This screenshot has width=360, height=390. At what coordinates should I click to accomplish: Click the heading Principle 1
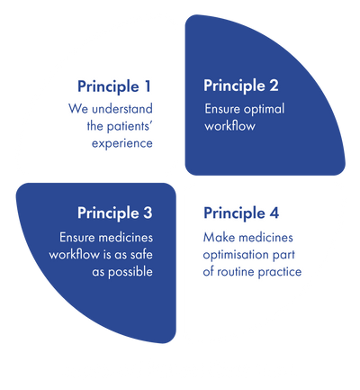pyautogui.click(x=114, y=87)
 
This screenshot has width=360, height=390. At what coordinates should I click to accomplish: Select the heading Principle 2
pyautogui.click(x=241, y=86)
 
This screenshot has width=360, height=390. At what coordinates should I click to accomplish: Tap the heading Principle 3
pyautogui.click(x=115, y=214)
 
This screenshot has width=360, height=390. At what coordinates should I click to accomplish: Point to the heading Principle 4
pyautogui.click(x=241, y=214)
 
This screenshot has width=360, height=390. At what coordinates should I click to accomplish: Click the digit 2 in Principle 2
pyautogui.click(x=274, y=85)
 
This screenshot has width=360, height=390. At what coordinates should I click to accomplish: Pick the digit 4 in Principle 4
pyautogui.click(x=274, y=213)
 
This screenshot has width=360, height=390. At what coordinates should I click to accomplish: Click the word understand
pyautogui.click(x=122, y=108)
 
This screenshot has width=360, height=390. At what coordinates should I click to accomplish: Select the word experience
pyautogui.click(x=122, y=144)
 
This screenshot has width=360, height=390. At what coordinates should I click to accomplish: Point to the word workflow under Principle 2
pyautogui.click(x=229, y=126)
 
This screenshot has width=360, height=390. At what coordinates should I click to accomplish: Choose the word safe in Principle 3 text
pyautogui.click(x=141, y=254)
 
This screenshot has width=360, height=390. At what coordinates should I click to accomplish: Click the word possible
pyautogui.click(x=130, y=272)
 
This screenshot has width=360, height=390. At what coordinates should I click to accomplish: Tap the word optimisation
pyautogui.click(x=236, y=255)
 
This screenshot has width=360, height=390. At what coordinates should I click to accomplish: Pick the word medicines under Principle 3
pyautogui.click(x=126, y=238)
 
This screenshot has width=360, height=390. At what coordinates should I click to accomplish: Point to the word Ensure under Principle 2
pyautogui.click(x=222, y=109)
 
